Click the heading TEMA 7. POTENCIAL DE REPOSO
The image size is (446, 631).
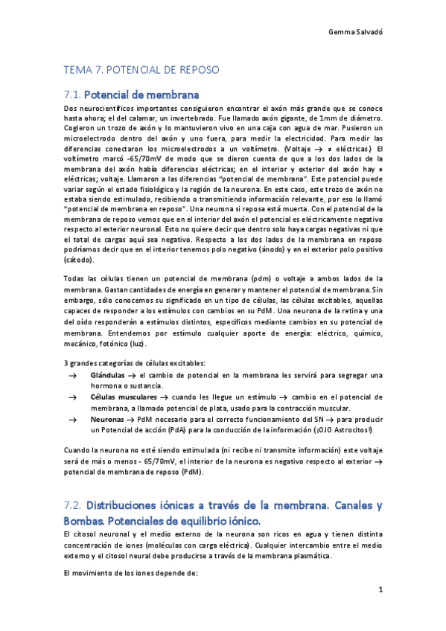141,69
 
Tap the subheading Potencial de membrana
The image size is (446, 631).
141,95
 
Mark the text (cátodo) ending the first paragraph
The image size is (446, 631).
79,260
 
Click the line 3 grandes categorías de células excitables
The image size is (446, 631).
123,362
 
